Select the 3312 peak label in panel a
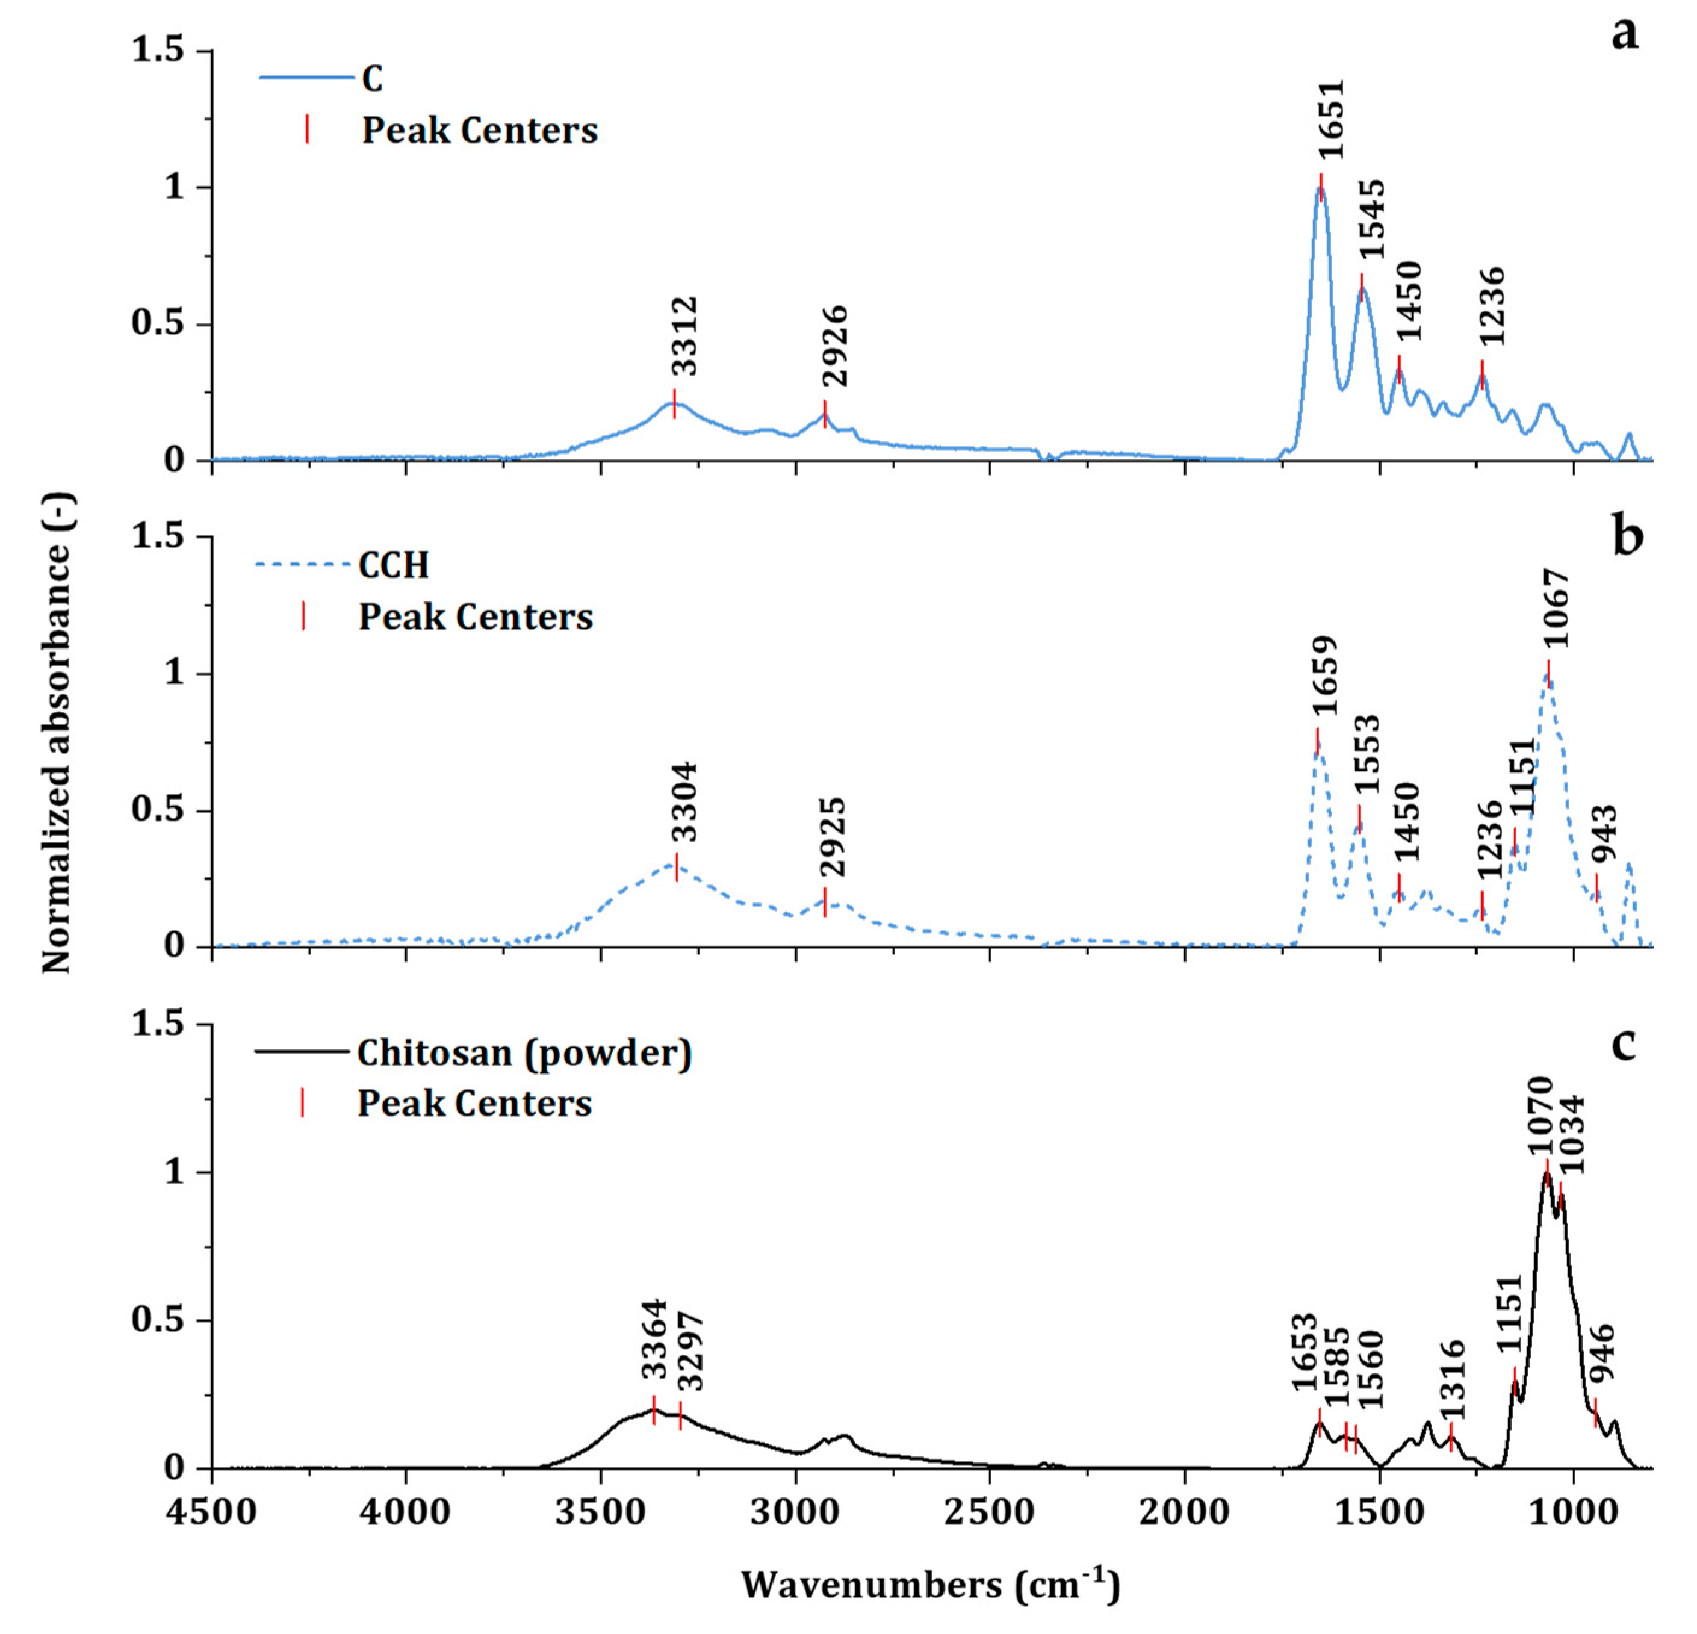point(685,336)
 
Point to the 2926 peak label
point(836,346)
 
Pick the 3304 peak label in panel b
point(685,802)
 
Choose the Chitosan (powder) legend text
point(525,1053)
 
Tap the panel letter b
point(1628,537)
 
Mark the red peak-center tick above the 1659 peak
point(1317,741)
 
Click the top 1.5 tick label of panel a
point(158,50)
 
